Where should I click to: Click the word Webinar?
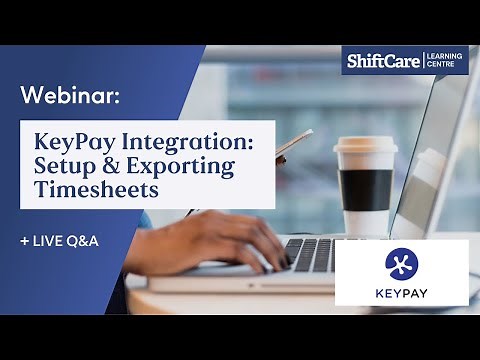click(70, 97)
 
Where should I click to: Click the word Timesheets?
click(96, 188)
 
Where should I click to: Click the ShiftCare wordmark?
click(383, 62)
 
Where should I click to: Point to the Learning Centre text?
click(447, 61)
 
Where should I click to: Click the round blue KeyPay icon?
click(401, 263)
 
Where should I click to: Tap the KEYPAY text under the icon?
click(401, 292)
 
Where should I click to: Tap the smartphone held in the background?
click(292, 146)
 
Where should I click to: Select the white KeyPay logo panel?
click(401, 271)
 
